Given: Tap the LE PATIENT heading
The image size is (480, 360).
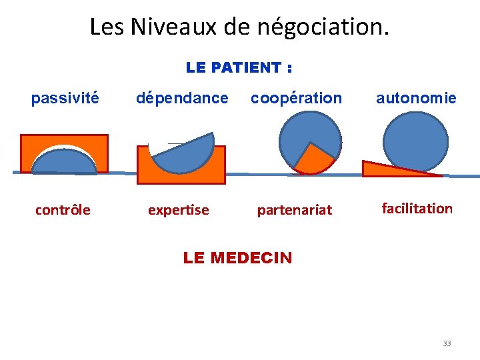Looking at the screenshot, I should (x=239, y=67).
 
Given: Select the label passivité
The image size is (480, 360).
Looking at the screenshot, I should (x=65, y=99).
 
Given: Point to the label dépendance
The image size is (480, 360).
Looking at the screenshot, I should (x=182, y=99).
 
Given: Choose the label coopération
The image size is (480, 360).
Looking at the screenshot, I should (x=296, y=99).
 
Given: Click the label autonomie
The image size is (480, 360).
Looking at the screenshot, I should (x=416, y=99).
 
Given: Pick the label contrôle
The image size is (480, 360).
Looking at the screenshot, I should (x=63, y=210).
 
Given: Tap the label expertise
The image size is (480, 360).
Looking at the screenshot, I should (x=178, y=210).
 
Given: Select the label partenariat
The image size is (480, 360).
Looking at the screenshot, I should (x=295, y=211).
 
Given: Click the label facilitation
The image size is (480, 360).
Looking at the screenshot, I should (x=417, y=208).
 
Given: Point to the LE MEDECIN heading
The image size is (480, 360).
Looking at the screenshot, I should (x=237, y=258).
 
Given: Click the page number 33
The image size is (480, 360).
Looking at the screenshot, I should (x=447, y=343).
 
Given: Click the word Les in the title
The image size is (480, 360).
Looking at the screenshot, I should (x=107, y=27).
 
